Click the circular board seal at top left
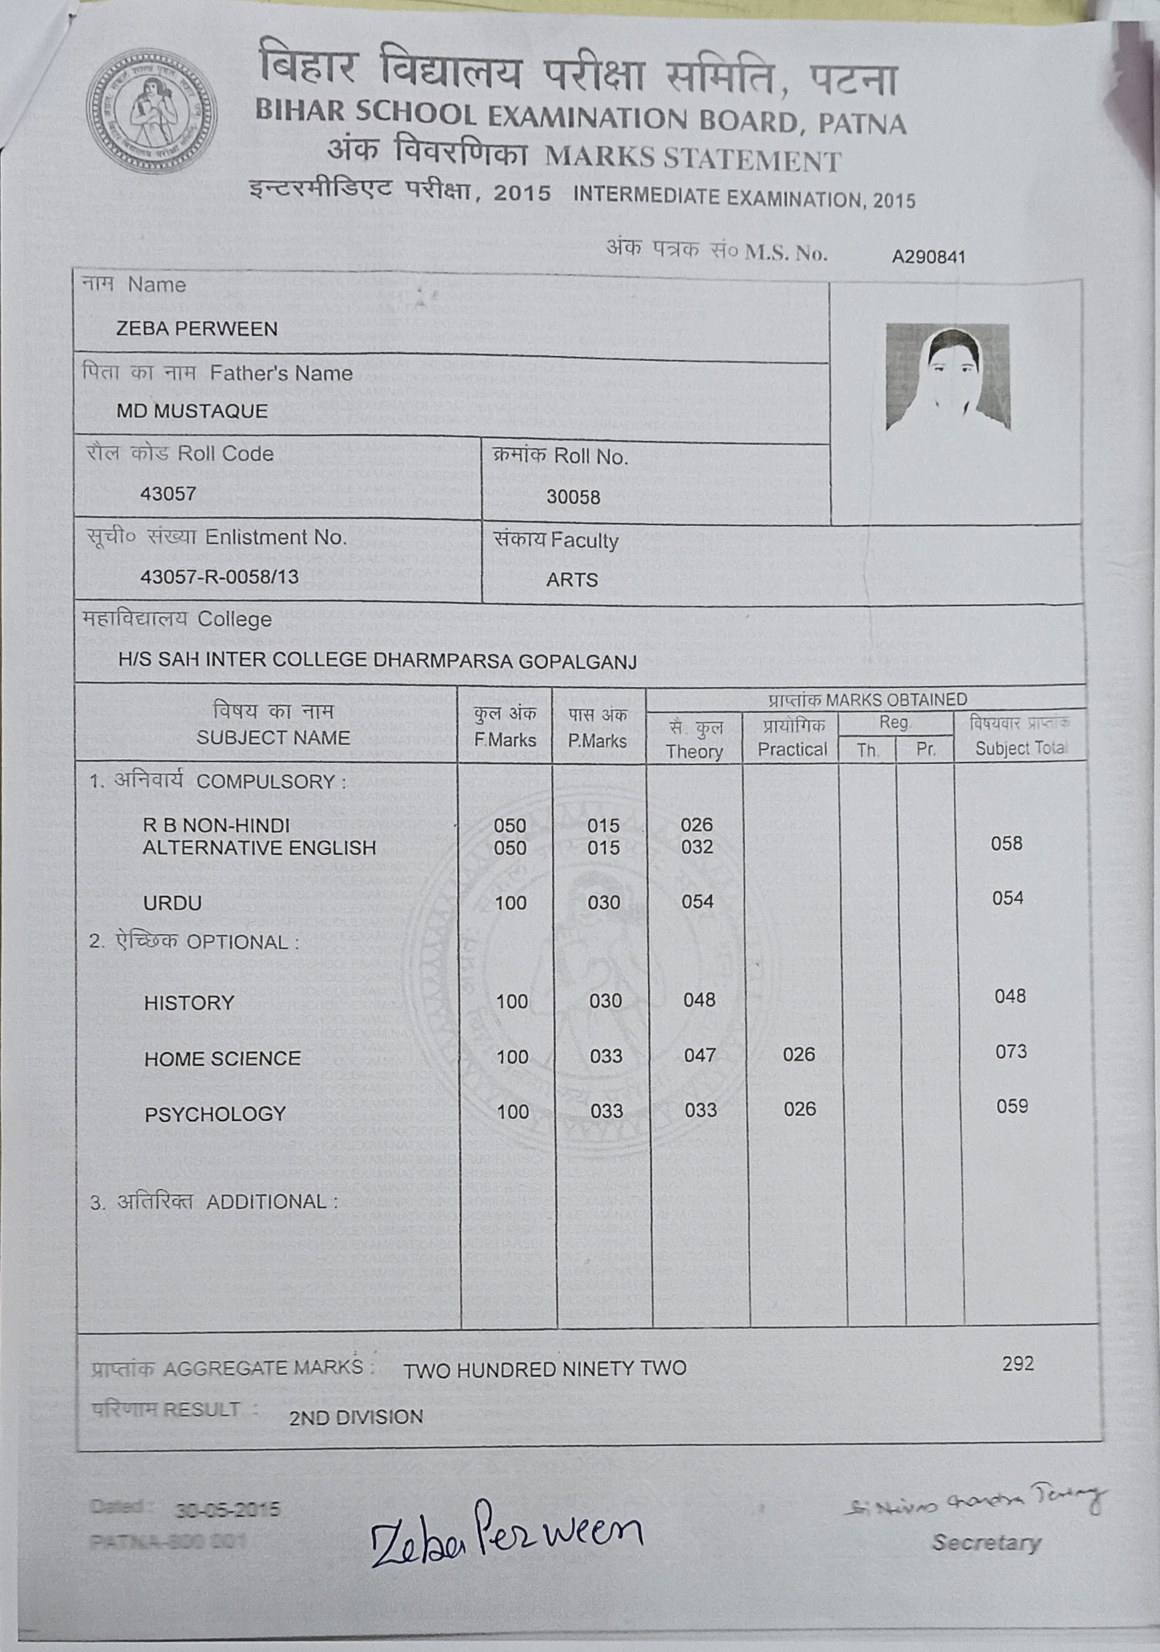(x=151, y=111)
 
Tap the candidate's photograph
(x=948, y=377)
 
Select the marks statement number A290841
(x=928, y=257)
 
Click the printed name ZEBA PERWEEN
(x=196, y=329)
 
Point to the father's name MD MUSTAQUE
(x=192, y=412)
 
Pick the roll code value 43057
(x=168, y=493)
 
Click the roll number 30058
(x=573, y=497)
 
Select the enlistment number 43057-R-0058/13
(x=219, y=577)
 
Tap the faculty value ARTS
(x=571, y=580)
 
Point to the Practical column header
(x=792, y=749)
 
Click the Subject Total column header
(x=1020, y=748)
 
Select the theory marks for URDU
(x=697, y=902)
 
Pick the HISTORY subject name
(x=190, y=1003)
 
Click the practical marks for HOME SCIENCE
(x=799, y=1055)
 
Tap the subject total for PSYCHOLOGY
(x=1012, y=1107)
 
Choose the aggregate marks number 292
(x=1018, y=1364)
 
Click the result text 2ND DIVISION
(x=356, y=1418)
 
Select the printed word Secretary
(x=986, y=1543)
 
